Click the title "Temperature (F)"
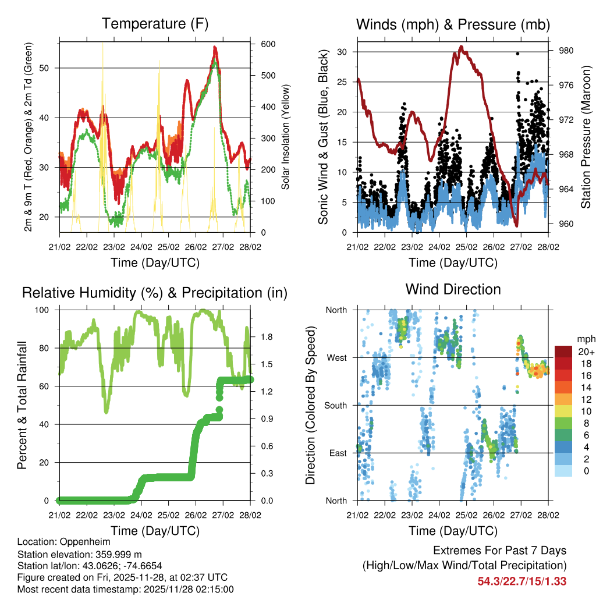(x=154, y=24)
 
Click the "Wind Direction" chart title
(x=453, y=289)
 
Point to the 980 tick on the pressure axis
(x=566, y=51)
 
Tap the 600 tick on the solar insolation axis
(x=268, y=44)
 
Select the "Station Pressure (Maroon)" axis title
(x=586, y=137)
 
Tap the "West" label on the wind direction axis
(x=336, y=357)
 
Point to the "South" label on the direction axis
(x=335, y=405)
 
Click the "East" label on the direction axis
(x=338, y=453)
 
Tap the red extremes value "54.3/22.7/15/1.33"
(x=521, y=581)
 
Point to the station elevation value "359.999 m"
(x=114, y=554)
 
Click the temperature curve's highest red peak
(x=215, y=48)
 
